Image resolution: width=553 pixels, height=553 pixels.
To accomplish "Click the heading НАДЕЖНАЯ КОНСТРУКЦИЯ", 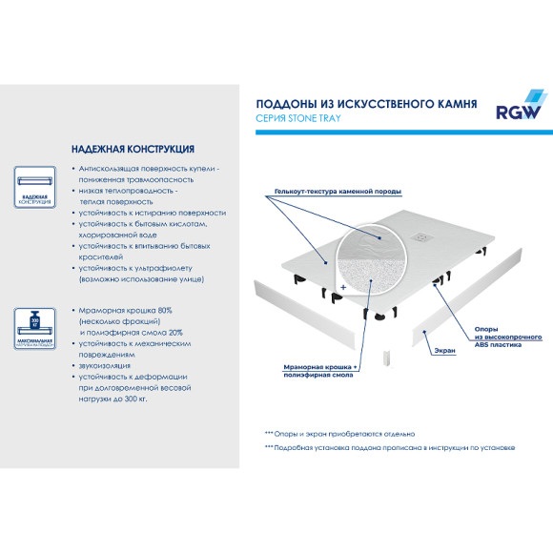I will coord(133,150).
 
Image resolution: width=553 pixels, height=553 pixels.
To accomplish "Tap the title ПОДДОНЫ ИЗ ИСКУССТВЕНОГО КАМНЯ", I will coord(367,103).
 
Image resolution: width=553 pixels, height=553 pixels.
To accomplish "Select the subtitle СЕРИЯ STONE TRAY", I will coord(298,118).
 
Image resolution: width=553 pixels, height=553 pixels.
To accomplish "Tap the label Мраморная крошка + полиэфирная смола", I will coord(321,371).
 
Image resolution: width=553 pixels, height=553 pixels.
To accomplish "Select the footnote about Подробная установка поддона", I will coord(391,447).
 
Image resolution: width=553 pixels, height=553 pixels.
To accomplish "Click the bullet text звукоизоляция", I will coord(106,365).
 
